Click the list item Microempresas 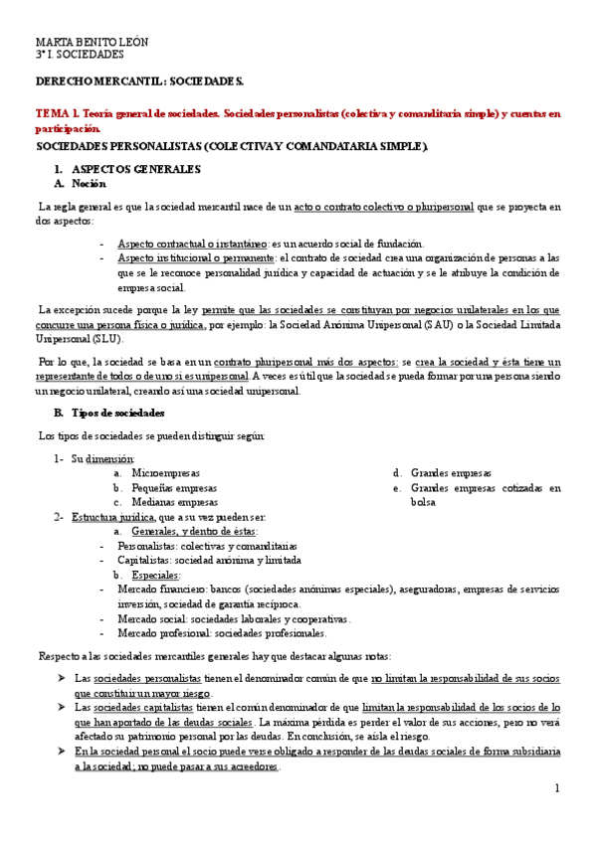point(166,473)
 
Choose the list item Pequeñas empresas point(175,488)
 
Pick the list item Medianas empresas point(175,502)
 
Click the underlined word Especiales point(155,575)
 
